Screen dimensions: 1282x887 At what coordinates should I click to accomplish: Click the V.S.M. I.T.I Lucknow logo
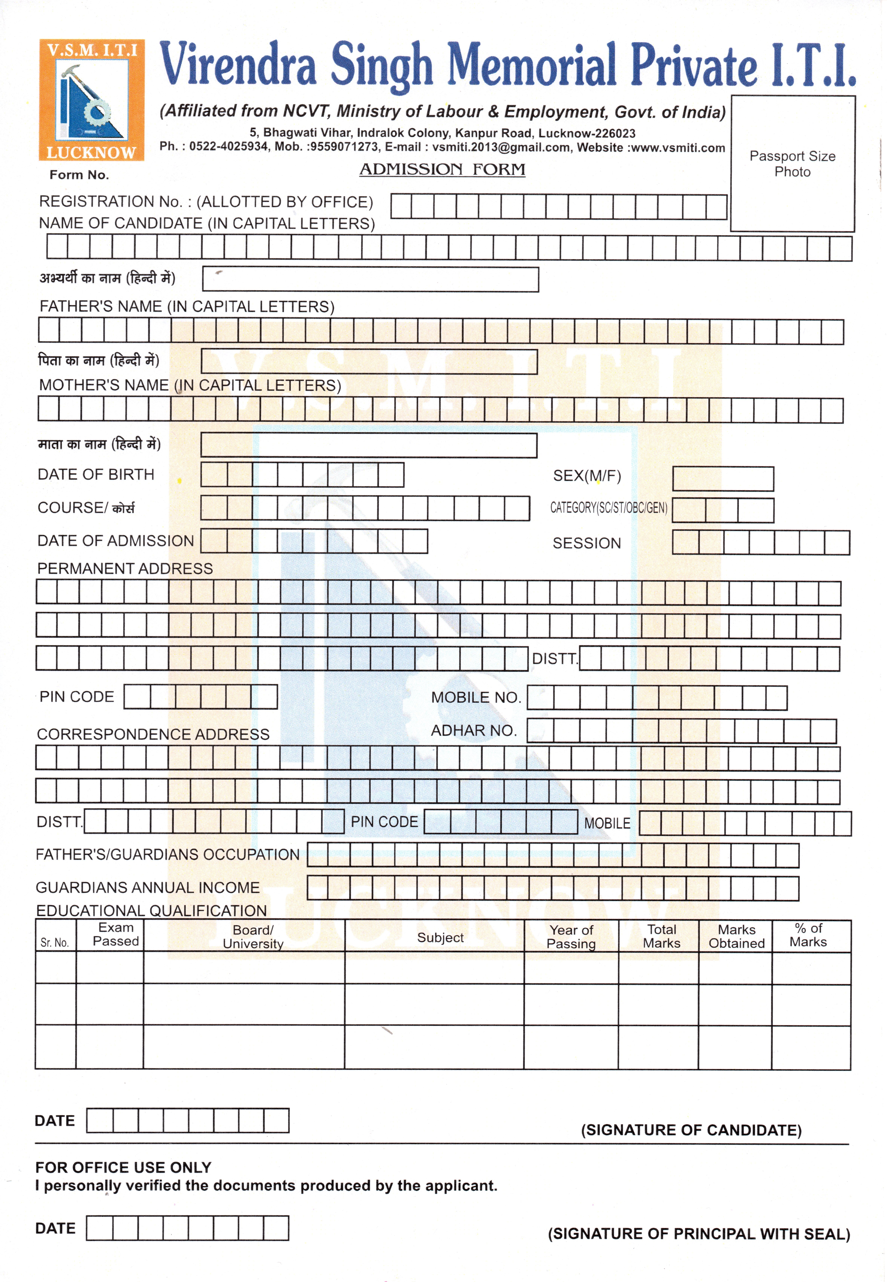(x=92, y=100)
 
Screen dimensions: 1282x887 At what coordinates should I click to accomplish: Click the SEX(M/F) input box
(x=722, y=479)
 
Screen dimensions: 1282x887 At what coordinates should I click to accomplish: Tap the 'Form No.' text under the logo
(x=79, y=175)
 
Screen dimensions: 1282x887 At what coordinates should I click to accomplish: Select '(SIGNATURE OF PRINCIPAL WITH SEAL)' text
(x=699, y=1234)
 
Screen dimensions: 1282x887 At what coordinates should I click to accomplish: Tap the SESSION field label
(x=586, y=543)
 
